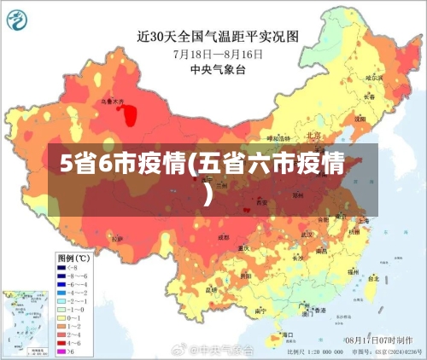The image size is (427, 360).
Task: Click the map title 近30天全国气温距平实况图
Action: [x=219, y=36]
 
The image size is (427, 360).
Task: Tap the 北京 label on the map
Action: [x=313, y=136]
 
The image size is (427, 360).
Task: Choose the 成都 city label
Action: [x=223, y=236]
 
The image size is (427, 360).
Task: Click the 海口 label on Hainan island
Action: [x=275, y=335]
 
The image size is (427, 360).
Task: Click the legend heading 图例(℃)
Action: [x=73, y=257]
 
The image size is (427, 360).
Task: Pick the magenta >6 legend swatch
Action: [x=62, y=351]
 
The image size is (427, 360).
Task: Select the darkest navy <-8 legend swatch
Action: [x=62, y=266]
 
